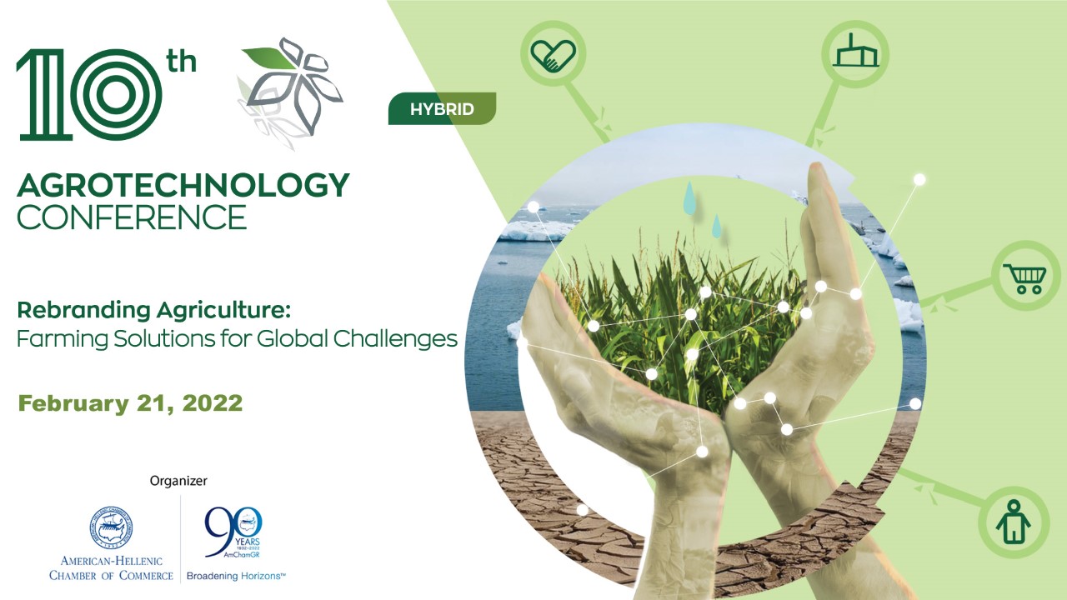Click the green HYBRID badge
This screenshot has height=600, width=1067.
442,109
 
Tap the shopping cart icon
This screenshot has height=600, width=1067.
1024,277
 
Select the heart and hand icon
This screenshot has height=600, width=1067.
554,55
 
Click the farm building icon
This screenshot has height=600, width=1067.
855,53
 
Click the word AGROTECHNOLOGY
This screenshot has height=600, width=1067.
183,186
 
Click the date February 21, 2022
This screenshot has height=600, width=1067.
131,404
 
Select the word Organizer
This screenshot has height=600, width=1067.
178,481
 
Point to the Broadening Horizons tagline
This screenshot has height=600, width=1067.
236,576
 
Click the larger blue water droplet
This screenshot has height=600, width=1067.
689,198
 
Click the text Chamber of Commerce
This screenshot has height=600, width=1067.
112,575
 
